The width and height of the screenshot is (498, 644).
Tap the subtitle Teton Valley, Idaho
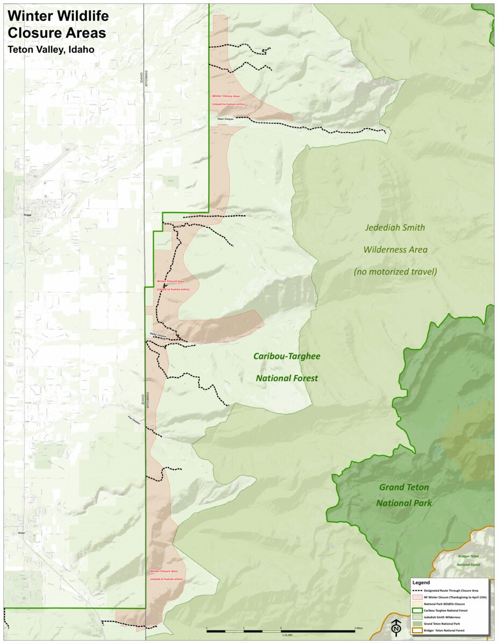click(x=51, y=49)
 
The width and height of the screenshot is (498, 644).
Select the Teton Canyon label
click(x=226, y=118)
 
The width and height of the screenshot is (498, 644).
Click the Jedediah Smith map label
click(x=395, y=228)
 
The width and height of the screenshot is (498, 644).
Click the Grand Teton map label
click(x=404, y=488)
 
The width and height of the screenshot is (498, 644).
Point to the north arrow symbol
click(x=396, y=627)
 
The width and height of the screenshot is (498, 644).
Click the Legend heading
click(x=421, y=583)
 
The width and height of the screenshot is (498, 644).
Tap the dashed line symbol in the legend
click(x=417, y=591)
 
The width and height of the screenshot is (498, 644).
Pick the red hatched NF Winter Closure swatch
click(x=417, y=597)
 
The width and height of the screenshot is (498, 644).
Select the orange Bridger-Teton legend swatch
click(x=417, y=630)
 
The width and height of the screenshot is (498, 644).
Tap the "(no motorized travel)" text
click(x=395, y=272)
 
